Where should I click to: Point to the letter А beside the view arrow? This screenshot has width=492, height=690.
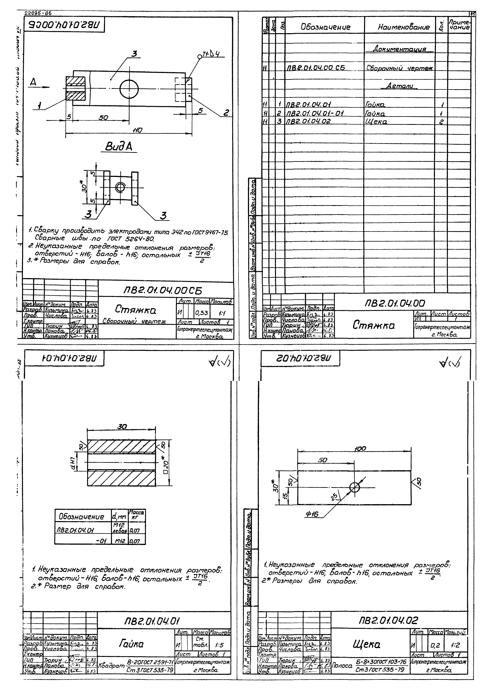click(x=33, y=82)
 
